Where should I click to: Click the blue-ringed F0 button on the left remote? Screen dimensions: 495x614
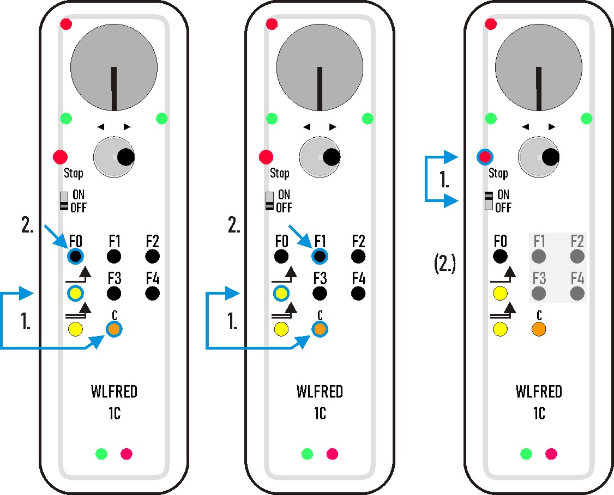pos(75,256)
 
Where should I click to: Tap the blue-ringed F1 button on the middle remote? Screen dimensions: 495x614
pos(320,256)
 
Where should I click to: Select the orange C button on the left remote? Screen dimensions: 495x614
pos(113,329)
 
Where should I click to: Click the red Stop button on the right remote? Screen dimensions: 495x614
pos(483,157)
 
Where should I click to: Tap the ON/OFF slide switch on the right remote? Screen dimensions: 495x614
pos(488,200)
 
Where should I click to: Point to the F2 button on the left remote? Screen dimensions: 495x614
pos(152,256)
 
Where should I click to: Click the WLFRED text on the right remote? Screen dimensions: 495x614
pos(539,392)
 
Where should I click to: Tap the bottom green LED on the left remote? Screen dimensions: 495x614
pos(101,453)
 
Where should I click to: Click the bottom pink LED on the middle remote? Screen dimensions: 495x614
pos(332,454)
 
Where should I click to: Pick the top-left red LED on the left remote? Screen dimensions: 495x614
pos(66,24)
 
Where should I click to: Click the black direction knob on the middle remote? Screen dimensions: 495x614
pos(330,157)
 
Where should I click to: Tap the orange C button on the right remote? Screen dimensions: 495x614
pos(539,329)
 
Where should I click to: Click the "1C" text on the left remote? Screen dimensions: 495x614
pos(114,414)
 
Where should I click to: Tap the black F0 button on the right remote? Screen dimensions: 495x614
pos(500,256)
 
